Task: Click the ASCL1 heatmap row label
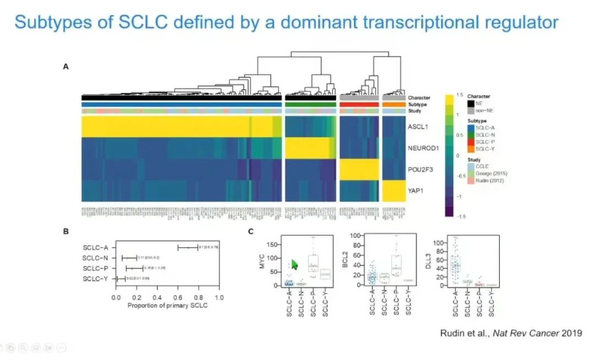point(418,127)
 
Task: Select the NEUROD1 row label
point(423,148)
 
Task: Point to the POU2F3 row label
point(420,169)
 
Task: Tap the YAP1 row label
point(415,191)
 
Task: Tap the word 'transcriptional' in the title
point(405,23)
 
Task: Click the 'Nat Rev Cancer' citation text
point(528,333)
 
